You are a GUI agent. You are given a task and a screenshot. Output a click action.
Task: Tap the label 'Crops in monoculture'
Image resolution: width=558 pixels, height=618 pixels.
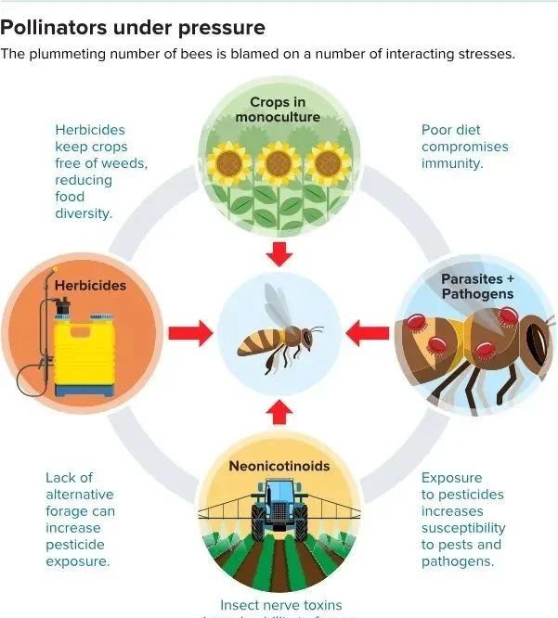[x=278, y=109]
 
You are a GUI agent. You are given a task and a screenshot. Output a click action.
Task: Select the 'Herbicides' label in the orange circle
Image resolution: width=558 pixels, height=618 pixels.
[x=90, y=285]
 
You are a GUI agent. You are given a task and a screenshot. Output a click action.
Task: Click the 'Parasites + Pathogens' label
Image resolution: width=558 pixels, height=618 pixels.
[x=477, y=286]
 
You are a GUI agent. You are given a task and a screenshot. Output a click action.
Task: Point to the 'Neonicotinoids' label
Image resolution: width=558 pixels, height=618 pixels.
[x=279, y=466]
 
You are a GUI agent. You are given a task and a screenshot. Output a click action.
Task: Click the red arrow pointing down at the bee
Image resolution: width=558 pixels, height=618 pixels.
[x=279, y=252]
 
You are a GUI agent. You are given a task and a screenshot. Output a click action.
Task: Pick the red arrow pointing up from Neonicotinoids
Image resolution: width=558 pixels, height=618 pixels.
[x=279, y=410]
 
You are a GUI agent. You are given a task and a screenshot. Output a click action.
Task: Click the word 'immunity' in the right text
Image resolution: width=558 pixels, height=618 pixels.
[x=451, y=163]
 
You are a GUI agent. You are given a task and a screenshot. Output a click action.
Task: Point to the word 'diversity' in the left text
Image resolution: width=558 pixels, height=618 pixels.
[x=83, y=213]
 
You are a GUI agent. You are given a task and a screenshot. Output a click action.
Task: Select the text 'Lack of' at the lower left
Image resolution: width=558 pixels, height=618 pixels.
[x=70, y=478]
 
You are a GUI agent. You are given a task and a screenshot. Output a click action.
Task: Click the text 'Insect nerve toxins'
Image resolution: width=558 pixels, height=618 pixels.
[x=279, y=604]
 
